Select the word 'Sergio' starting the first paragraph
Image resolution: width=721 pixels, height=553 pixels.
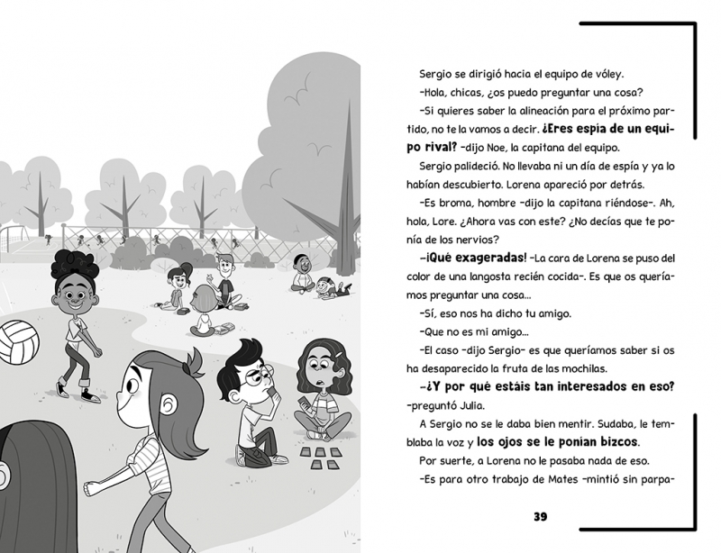click(438, 76)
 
